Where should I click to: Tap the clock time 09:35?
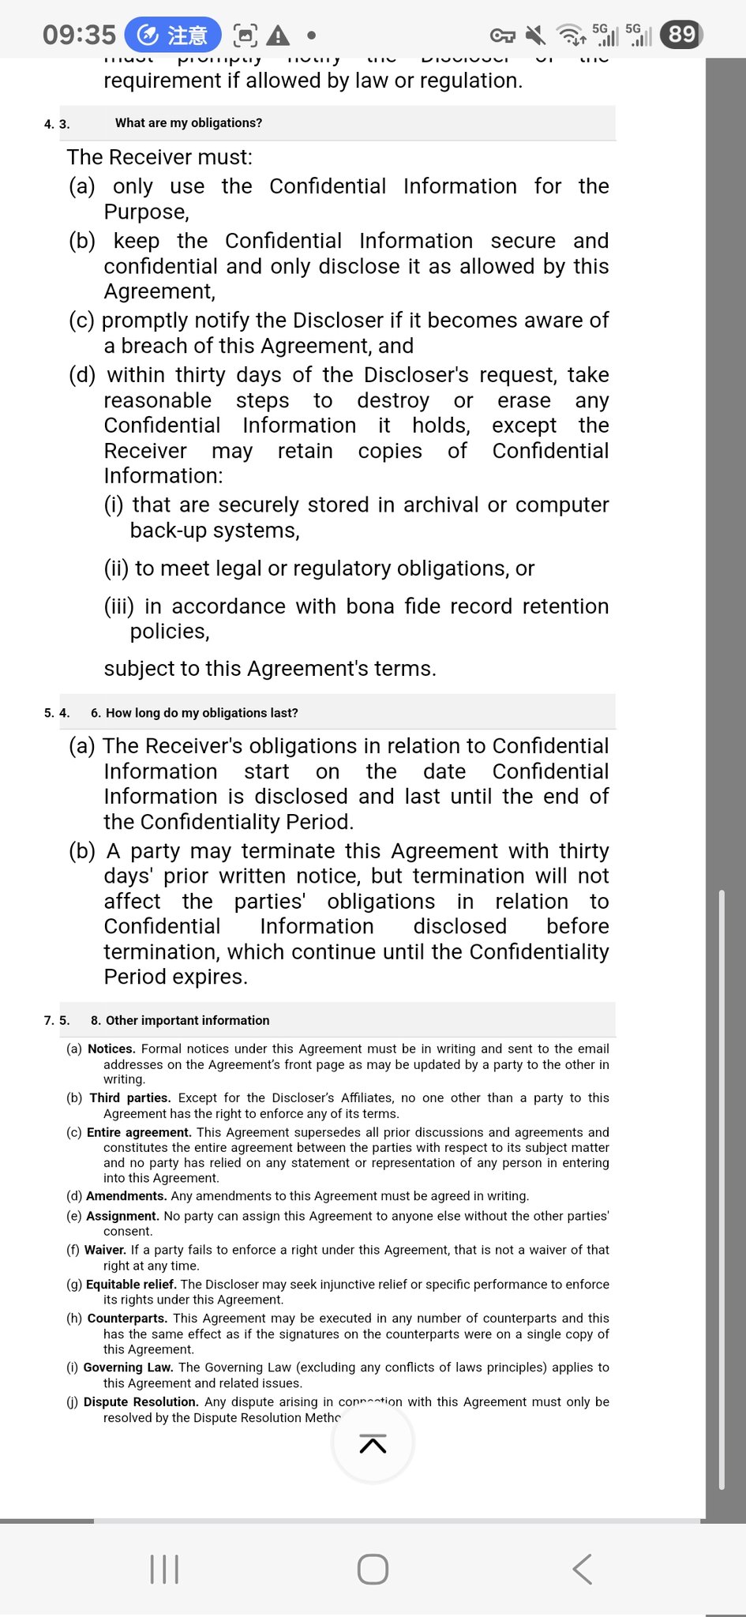tap(79, 35)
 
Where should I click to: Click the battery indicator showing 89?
tap(682, 35)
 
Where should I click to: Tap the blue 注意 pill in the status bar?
tap(174, 35)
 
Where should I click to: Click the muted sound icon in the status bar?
tap(535, 35)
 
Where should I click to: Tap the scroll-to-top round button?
tap(373, 1444)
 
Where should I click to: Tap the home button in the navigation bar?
tap(373, 1569)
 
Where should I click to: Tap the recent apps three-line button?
tap(164, 1569)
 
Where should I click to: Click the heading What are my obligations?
tap(189, 123)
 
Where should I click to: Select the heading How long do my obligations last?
tap(201, 713)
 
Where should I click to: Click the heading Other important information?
tap(187, 1020)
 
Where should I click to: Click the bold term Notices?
tap(111, 1049)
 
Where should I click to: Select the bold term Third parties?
tap(129, 1097)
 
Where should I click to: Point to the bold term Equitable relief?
tap(131, 1285)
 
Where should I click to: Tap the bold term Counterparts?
tap(127, 1319)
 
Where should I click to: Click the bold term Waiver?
tap(105, 1250)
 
